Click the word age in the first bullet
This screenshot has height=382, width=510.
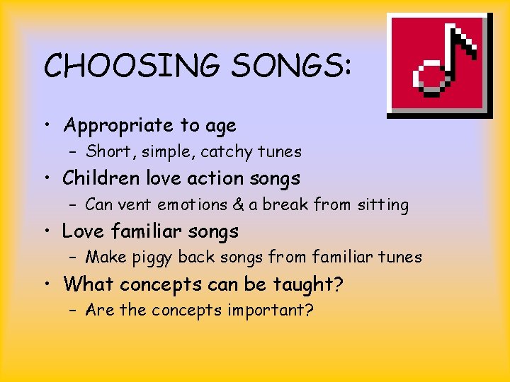click(x=220, y=127)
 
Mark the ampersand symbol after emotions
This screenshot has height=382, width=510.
click(x=238, y=205)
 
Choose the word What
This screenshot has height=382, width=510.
click(x=89, y=284)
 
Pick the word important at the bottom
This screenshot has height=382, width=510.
click(x=270, y=311)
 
